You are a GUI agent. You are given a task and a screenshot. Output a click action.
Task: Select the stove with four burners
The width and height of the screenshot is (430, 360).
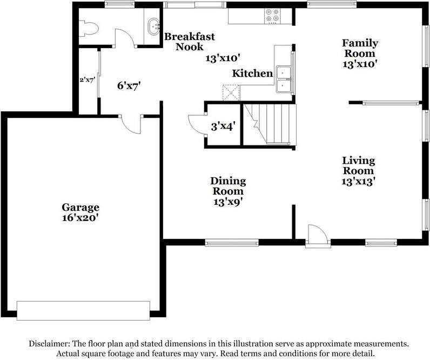click(272, 16)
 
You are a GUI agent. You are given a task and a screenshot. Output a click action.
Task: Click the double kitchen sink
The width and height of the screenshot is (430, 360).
click(283, 79)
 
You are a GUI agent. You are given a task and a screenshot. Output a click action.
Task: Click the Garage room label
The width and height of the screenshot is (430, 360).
click(80, 207)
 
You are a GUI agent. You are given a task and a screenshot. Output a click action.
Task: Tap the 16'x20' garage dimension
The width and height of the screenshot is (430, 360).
click(80, 218)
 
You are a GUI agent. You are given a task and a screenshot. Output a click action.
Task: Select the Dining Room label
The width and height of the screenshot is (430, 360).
click(227, 185)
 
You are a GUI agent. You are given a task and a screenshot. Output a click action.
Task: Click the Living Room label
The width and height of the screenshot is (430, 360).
click(358, 165)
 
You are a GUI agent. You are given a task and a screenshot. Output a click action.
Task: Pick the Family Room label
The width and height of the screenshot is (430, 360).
click(359, 48)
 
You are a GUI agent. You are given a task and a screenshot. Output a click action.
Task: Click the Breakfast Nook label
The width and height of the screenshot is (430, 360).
click(189, 42)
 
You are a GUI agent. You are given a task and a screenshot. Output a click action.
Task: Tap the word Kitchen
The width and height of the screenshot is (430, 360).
click(252, 73)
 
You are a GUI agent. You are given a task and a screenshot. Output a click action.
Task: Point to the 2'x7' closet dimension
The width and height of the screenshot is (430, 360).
click(87, 80)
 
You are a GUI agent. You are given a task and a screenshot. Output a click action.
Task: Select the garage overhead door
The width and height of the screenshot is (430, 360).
click(84, 310)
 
